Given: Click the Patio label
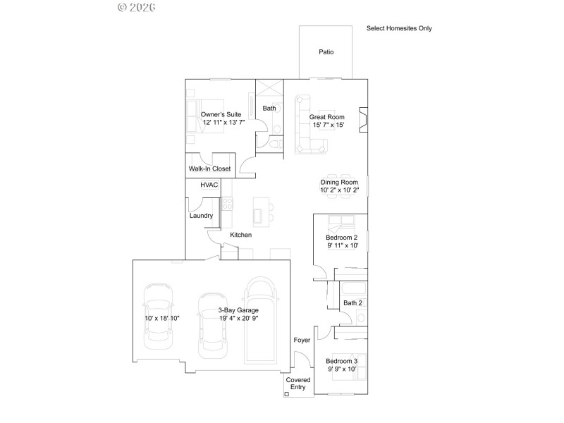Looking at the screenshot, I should pyautogui.click(x=326, y=52).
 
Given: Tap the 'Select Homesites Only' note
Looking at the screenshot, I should pyautogui.click(x=399, y=29).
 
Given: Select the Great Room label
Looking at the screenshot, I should pyautogui.click(x=327, y=116).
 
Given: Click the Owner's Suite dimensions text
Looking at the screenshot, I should pyautogui.click(x=223, y=123).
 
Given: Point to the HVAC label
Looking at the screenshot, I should pyautogui.click(x=209, y=185).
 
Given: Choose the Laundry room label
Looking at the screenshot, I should pyautogui.click(x=201, y=216).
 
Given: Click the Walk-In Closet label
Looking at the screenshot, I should pyautogui.click(x=209, y=168).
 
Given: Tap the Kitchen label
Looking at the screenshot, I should pyautogui.click(x=240, y=235).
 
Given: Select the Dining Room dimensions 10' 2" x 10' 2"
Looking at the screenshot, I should pyautogui.click(x=340, y=190).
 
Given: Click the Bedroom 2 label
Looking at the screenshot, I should pyautogui.click(x=342, y=238).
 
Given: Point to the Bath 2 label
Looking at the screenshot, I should pyautogui.click(x=352, y=303).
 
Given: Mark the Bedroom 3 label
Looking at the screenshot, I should pyautogui.click(x=341, y=361).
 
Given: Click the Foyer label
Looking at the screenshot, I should pyautogui.click(x=302, y=340).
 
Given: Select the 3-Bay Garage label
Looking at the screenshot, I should pyautogui.click(x=218, y=309).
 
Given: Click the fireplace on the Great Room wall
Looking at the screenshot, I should pyautogui.click(x=362, y=121).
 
